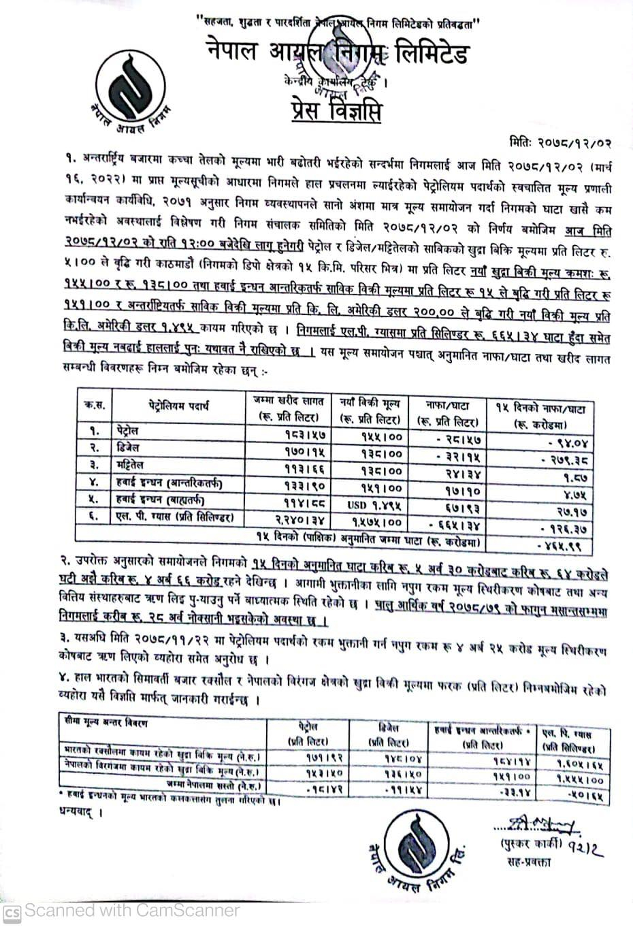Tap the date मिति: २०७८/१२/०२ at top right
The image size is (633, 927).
pos(561,144)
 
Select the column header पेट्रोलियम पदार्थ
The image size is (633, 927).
pos(178,406)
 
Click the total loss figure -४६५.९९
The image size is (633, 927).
pos(562,547)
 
